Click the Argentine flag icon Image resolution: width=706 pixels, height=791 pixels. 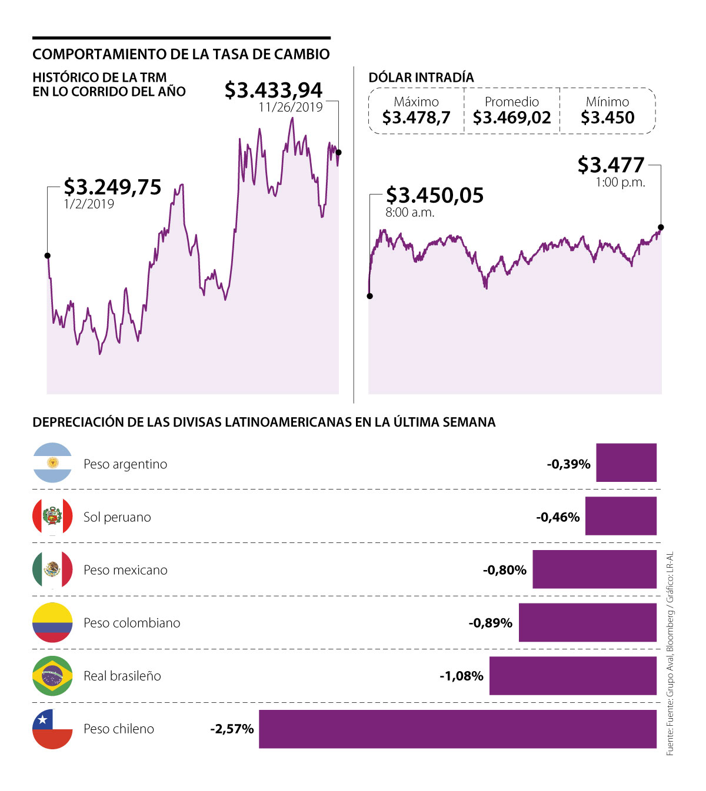52,463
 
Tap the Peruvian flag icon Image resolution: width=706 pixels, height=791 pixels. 52,517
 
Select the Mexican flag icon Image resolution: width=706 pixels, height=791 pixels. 52,569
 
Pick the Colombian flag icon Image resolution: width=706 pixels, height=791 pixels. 52,622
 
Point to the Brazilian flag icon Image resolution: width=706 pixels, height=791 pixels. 52,676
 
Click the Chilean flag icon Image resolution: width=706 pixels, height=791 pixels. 52,729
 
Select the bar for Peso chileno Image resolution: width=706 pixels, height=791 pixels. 457,729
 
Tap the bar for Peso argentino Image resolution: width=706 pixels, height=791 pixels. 626,463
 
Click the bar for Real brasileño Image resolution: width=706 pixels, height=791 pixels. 572,676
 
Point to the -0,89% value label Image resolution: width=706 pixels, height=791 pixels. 490,623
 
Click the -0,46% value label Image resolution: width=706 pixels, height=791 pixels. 558,517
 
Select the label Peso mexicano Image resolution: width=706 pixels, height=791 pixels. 125,570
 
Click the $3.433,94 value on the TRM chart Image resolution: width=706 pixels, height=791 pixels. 274,90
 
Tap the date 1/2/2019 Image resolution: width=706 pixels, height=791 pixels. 89,204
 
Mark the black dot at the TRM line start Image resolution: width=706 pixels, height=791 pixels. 48,256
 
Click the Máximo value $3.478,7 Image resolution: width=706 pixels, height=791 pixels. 416,118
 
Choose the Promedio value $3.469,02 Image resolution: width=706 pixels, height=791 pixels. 512,118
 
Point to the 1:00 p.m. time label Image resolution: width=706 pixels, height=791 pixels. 620,182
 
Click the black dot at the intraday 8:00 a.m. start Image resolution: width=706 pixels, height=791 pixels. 370,296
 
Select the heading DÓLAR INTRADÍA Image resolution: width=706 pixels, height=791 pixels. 421,78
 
